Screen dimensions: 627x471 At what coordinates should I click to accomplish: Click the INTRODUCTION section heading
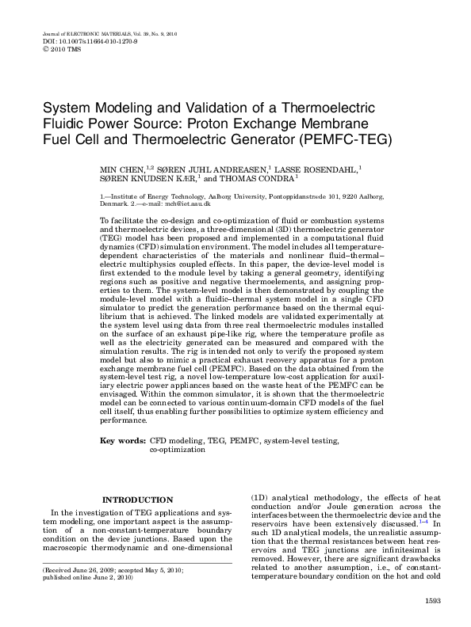139,500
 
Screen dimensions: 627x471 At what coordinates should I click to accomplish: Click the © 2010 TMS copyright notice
61,49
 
